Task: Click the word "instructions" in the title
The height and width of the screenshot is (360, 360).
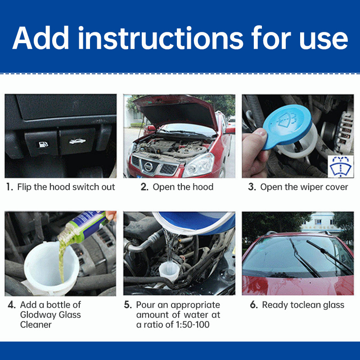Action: click(161, 38)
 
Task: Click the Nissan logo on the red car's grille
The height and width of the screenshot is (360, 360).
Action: click(148, 166)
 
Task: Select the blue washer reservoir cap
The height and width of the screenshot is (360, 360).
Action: click(287, 126)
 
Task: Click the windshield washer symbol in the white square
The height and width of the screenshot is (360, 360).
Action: click(341, 166)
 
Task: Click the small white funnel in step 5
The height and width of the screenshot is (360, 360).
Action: click(169, 271)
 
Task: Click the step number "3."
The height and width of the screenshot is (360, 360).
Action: click(252, 187)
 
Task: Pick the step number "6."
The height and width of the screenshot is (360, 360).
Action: click(254, 305)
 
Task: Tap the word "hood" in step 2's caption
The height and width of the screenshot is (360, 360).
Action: click(203, 187)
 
